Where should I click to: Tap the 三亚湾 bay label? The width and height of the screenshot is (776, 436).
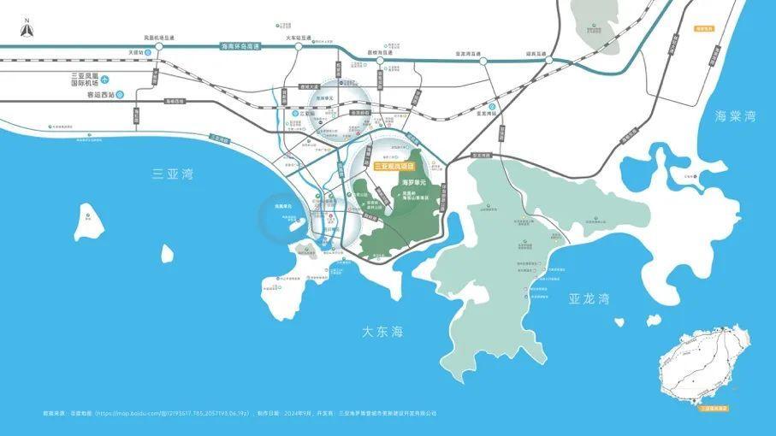tap(172, 174)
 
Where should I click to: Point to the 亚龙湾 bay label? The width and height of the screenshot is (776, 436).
tap(589, 298)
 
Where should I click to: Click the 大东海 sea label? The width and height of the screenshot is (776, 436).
tap(382, 331)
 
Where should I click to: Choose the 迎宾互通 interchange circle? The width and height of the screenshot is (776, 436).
tap(549, 61)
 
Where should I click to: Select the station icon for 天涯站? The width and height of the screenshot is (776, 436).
tap(148, 52)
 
